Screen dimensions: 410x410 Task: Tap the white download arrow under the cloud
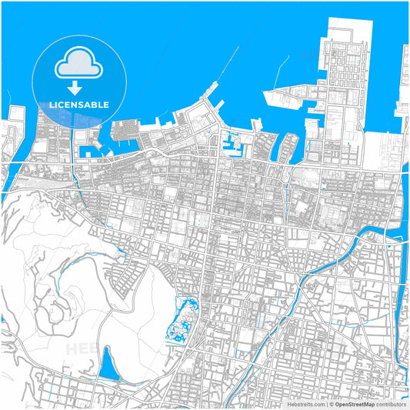(x=74, y=86)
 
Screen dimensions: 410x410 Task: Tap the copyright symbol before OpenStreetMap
(x=331, y=403)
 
